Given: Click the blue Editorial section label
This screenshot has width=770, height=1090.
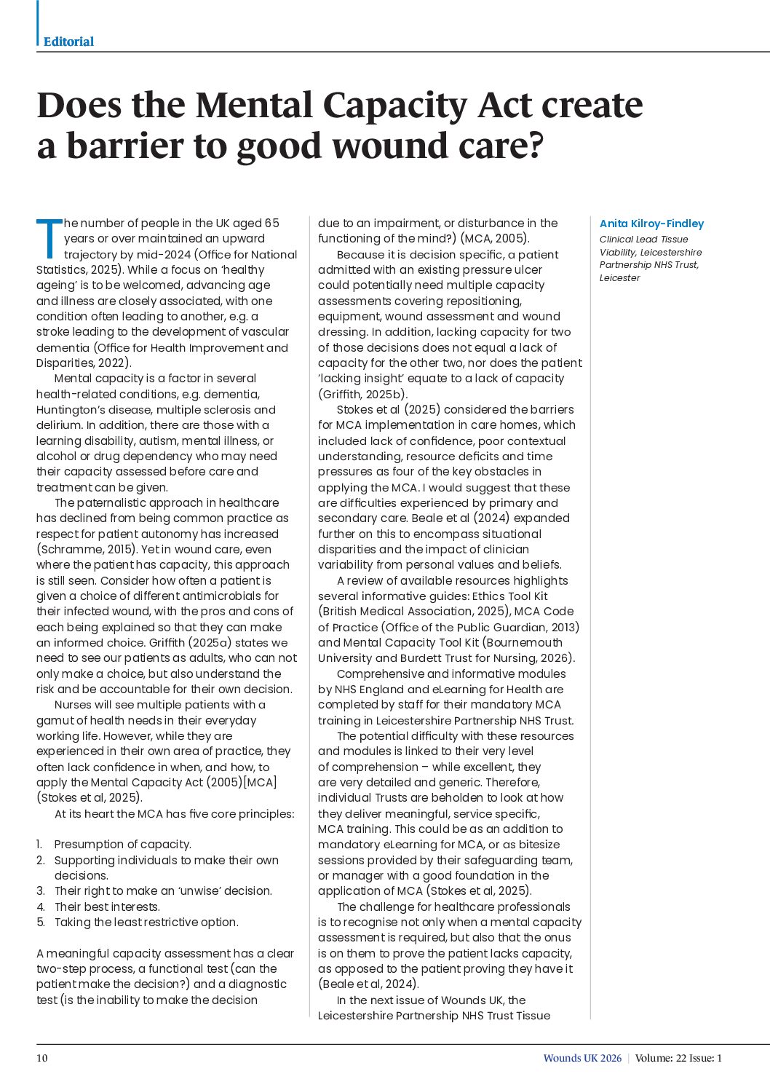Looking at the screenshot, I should click(x=68, y=42).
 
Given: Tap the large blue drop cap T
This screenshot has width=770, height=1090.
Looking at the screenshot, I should click(x=49, y=238).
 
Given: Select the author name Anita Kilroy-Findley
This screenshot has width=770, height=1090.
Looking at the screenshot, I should click(x=651, y=224).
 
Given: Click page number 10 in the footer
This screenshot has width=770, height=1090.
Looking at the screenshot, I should click(x=42, y=1058).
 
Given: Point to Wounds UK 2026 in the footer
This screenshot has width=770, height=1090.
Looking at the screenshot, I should click(x=582, y=1058).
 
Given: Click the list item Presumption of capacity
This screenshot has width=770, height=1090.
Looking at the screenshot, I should click(x=122, y=845).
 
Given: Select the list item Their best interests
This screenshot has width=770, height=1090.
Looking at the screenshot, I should click(x=107, y=907).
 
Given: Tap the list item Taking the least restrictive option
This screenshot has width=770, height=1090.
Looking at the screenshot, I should click(x=146, y=922).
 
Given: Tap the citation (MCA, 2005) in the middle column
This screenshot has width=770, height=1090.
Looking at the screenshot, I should click(x=495, y=239).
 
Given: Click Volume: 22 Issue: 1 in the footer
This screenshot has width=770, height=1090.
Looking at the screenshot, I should click(x=678, y=1058).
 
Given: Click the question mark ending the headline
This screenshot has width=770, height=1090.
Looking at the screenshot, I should click(x=535, y=146).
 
